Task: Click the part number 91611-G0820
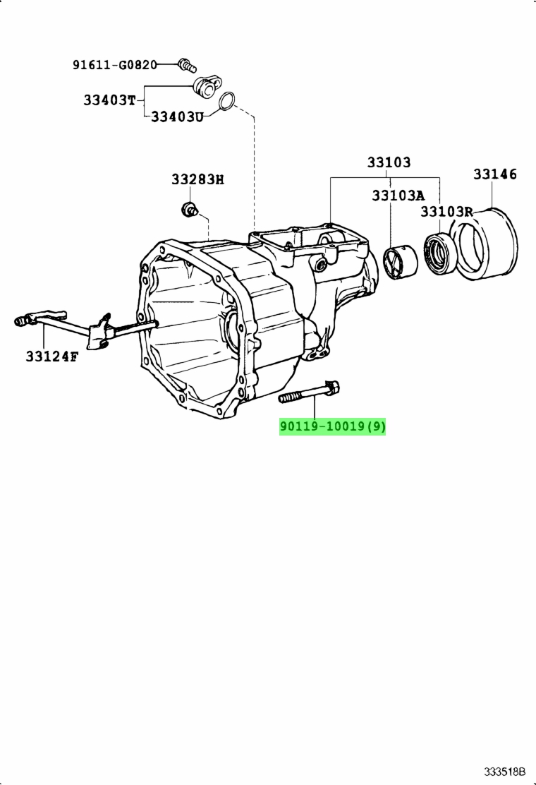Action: pos(114,64)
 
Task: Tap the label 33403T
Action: pos(109,100)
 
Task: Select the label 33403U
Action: pos(178,117)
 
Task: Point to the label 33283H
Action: pos(198,179)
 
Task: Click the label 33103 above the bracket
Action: pos(389,162)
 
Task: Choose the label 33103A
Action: pos(398,196)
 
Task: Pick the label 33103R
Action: pos(446,211)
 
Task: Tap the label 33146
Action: pos(495,174)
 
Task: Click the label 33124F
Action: pos(52,356)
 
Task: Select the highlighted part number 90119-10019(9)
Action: pos(332,426)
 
